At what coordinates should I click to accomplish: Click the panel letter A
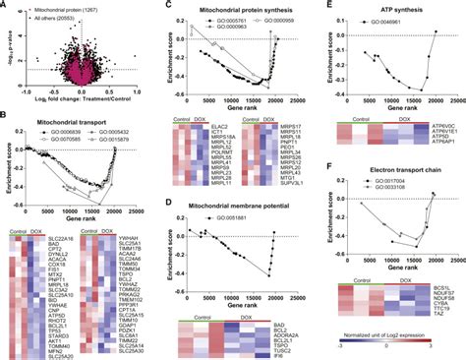point(6,6)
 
